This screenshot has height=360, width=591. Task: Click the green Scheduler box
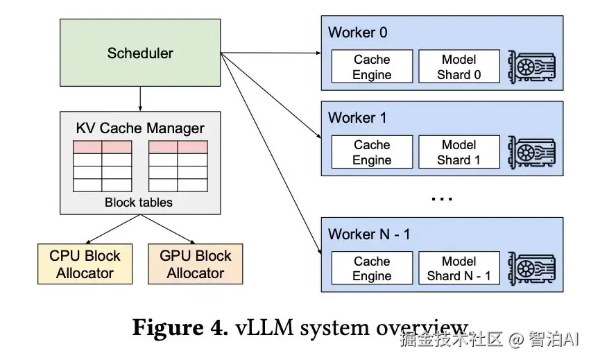pyautogui.click(x=140, y=53)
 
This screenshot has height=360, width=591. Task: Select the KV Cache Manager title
pyautogui.click(x=140, y=128)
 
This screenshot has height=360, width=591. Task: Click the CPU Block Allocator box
pyautogui.click(x=85, y=264)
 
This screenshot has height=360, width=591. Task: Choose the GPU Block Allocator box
pyautogui.click(x=196, y=264)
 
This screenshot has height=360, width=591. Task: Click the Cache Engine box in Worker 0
pyautogui.click(x=372, y=67)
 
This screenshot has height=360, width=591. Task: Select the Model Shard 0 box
pyautogui.click(x=459, y=67)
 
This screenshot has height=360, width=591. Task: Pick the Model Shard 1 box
pyautogui.click(x=459, y=153)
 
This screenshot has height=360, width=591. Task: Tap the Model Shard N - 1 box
pyautogui.click(x=459, y=268)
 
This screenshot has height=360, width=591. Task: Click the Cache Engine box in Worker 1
pyautogui.click(x=372, y=153)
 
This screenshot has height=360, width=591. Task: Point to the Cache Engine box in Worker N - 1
pyautogui.click(x=372, y=268)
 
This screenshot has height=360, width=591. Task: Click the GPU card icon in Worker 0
pyautogui.click(x=532, y=67)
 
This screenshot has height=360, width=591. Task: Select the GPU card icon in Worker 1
pyautogui.click(x=532, y=153)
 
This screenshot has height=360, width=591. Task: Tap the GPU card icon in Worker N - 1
pyautogui.click(x=532, y=268)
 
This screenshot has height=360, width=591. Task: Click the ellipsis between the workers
pyautogui.click(x=442, y=199)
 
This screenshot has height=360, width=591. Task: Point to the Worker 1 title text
pyautogui.click(x=357, y=118)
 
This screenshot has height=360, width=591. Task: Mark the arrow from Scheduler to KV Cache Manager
pyautogui.click(x=140, y=98)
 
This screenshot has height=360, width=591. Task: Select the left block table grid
pyautogui.click(x=102, y=166)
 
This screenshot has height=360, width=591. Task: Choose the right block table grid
pyautogui.click(x=178, y=166)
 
